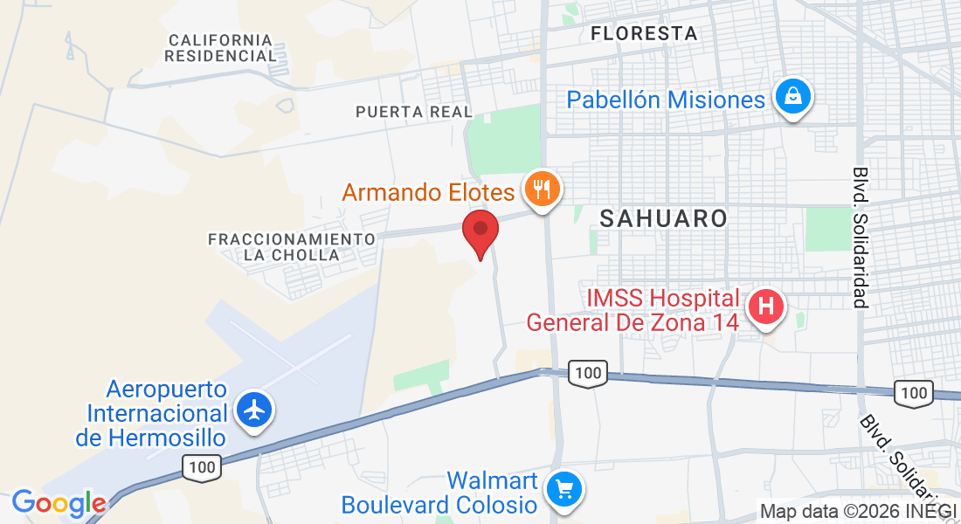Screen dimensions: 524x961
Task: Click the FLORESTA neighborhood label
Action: (644, 34)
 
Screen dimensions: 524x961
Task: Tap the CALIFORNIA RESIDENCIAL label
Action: (221, 48)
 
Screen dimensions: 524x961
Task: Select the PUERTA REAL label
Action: (413, 112)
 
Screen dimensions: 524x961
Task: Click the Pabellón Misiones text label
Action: (666, 100)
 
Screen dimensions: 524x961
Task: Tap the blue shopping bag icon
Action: (792, 98)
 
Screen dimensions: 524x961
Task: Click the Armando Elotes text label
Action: (428, 191)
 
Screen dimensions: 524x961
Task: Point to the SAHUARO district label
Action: (664, 218)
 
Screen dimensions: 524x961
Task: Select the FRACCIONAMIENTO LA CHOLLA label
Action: (292, 246)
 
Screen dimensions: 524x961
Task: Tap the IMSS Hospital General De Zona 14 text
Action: (633, 310)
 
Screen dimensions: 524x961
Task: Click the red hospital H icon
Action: (767, 307)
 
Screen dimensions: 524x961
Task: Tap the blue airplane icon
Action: (254, 409)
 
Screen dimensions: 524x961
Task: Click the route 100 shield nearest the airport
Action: (202, 468)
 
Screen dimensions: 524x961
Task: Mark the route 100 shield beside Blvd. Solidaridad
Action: (914, 393)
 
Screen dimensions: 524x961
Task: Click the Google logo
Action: (59, 503)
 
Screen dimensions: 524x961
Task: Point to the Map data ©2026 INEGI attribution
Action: (857, 511)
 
